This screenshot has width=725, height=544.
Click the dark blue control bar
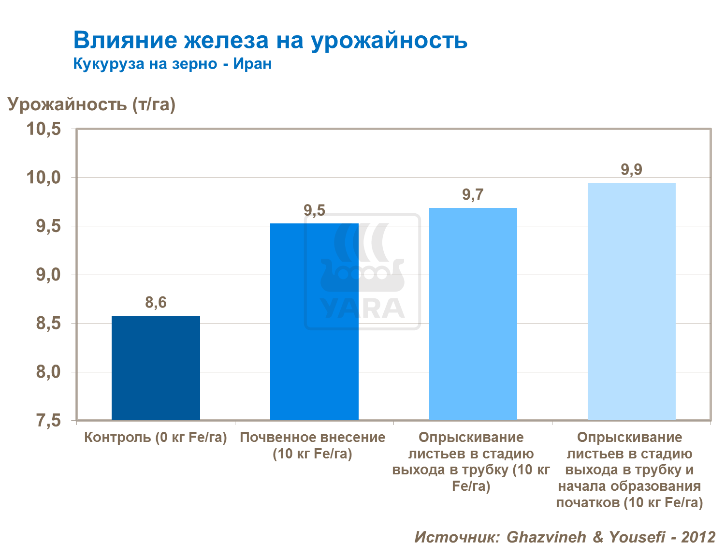click(156, 368)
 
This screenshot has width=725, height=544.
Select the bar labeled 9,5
click(314, 322)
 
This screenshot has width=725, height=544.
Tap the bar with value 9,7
click(473, 314)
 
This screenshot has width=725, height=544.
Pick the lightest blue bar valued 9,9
click(631, 301)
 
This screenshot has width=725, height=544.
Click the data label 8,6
click(156, 303)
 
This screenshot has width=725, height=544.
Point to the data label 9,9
click(631, 170)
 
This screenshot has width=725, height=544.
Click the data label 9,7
click(473, 195)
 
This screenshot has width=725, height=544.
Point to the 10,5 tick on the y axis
click(43, 129)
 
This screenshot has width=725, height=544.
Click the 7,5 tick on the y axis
click(48, 421)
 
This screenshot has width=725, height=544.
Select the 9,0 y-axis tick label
click(48, 275)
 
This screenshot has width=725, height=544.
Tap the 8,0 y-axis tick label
click(48, 372)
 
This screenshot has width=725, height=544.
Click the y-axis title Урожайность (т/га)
click(91, 104)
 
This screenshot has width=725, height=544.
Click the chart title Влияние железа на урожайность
click(270, 40)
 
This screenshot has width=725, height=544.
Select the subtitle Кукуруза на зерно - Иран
click(172, 64)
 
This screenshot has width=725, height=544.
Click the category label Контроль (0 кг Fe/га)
click(156, 438)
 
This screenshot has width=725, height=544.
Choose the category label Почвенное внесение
click(313, 438)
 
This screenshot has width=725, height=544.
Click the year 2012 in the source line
click(698, 537)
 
